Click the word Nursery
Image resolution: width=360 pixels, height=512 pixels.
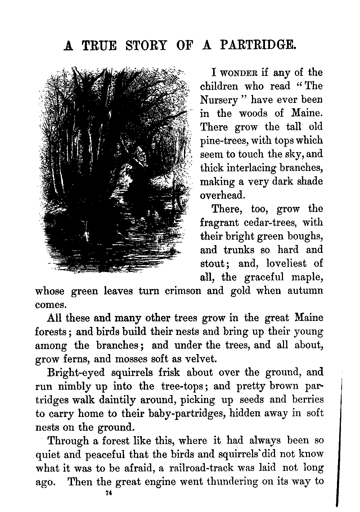click(x=219, y=100)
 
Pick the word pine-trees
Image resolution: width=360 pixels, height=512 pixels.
click(x=220, y=141)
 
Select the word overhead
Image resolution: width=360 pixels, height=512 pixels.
click(x=222, y=195)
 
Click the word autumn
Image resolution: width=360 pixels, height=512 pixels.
click(x=305, y=291)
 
